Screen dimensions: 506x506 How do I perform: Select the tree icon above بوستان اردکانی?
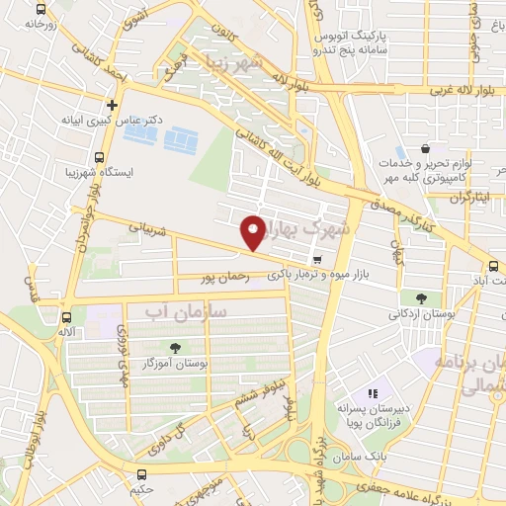pos(421,297)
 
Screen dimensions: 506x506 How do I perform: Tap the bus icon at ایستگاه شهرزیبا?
pos(98,156)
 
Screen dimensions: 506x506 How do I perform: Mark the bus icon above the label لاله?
pos(66,317)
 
